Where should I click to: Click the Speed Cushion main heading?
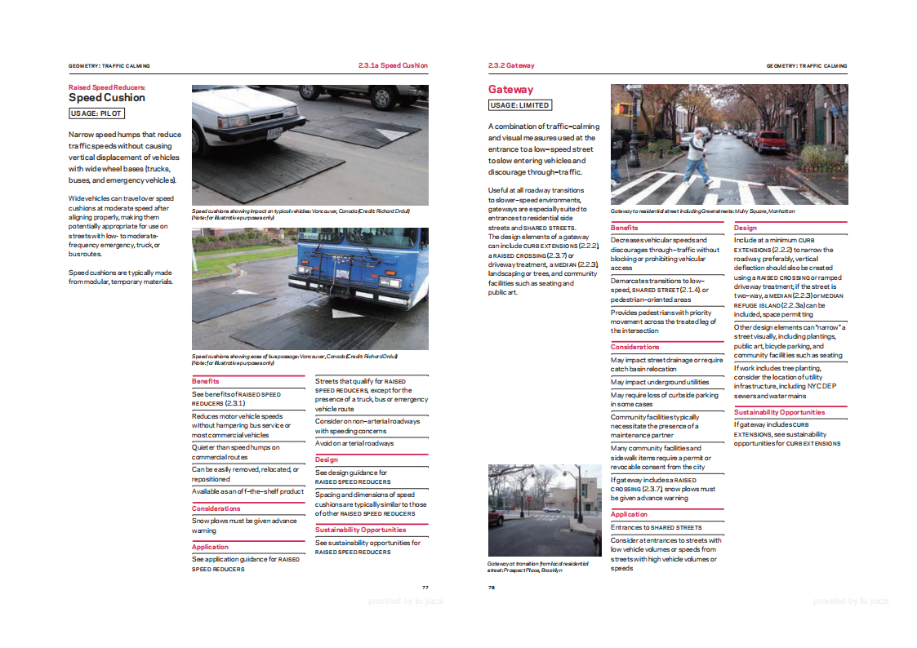107,97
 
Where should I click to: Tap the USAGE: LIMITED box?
519,105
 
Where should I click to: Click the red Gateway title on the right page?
510,90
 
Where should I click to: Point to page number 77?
425,588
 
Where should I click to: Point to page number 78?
492,588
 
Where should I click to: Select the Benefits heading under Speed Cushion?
206,381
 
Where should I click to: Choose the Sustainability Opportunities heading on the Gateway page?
779,412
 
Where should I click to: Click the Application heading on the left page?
210,547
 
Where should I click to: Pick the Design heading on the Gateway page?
745,228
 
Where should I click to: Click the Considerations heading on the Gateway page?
634,347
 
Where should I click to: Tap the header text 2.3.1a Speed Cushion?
393,65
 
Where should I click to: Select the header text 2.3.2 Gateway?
511,65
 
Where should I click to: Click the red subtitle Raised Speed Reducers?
107,86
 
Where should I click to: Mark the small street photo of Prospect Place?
545,510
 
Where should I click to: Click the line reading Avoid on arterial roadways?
354,443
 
